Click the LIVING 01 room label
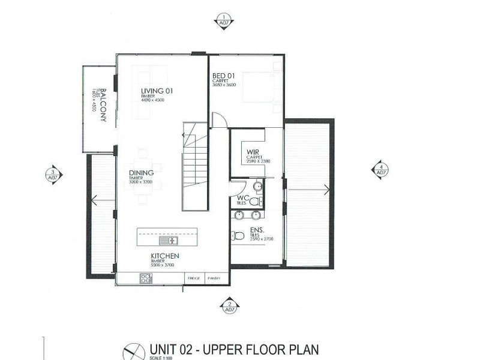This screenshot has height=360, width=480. click(157, 91)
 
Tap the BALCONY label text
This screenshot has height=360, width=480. click(103, 105)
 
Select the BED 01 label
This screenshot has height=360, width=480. click(224, 76)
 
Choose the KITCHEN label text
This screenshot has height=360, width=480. click(165, 256)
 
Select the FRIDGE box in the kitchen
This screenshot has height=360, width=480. click(193, 278)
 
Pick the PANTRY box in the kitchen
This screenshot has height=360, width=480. click(214, 278)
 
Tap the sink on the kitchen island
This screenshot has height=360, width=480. click(169, 241)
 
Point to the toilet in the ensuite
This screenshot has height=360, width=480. click(238, 236)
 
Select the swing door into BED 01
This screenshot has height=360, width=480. click(218, 120)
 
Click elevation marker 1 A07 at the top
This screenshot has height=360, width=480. click(224, 20)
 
